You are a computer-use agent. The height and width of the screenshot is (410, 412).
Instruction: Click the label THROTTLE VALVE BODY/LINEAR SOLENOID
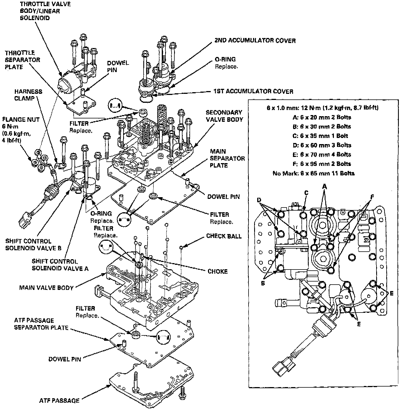[x=45, y=11]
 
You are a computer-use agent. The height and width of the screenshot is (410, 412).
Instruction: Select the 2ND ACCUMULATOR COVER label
[x=255, y=41]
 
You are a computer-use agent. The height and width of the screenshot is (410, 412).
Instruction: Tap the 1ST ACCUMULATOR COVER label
[x=253, y=91]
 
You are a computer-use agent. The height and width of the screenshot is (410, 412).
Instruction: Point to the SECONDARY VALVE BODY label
[x=224, y=116]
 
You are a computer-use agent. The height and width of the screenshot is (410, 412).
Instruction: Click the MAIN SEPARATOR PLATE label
[x=227, y=158]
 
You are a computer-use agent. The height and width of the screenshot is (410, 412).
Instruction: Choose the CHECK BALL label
[x=224, y=236]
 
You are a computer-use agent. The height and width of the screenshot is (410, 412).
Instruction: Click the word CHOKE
[x=217, y=271]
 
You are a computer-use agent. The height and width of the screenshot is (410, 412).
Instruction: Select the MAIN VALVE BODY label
[x=46, y=288]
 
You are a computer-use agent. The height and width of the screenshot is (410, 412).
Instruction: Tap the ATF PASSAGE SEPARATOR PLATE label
[x=41, y=324]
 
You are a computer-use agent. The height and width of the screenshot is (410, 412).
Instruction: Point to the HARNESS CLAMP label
[x=28, y=95]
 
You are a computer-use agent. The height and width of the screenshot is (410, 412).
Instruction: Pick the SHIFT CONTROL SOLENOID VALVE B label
[x=33, y=245]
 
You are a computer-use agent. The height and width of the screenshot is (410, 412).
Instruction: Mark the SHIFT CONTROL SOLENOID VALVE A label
[x=60, y=265]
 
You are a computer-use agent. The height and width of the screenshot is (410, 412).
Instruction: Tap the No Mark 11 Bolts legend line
[x=313, y=173]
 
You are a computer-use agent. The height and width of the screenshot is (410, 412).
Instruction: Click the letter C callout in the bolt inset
[x=306, y=193]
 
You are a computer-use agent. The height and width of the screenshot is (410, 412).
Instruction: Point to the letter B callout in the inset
[x=263, y=283]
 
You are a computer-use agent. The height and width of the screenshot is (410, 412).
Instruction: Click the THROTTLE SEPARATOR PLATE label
[x=22, y=60]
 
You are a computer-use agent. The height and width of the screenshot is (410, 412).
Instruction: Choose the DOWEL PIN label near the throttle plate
[x=118, y=66]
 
